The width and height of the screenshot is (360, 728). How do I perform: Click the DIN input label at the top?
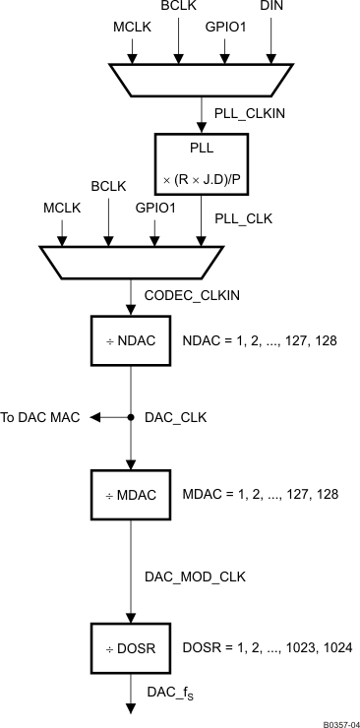pyautogui.click(x=270, y=8)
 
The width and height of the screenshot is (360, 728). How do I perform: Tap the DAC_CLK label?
pyautogui.click(x=177, y=417)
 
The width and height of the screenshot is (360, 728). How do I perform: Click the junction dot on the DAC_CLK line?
pyautogui.click(x=131, y=417)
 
